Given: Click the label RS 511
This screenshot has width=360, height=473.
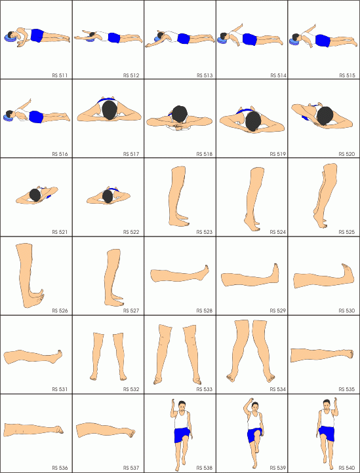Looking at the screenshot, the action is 60,75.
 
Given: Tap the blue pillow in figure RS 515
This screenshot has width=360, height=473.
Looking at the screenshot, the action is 294,41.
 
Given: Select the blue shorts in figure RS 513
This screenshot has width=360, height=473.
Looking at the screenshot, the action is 184,39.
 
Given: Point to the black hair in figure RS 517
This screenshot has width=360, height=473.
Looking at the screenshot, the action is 110,109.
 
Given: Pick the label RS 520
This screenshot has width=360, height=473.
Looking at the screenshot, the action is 346,154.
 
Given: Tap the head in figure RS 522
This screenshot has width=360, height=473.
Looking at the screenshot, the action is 108,197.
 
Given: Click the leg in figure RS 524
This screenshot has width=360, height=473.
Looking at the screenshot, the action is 254,199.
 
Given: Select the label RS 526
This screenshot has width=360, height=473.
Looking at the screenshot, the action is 60,311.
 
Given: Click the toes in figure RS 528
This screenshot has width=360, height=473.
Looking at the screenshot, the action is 207,268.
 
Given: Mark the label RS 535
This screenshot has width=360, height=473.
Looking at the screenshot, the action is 346,389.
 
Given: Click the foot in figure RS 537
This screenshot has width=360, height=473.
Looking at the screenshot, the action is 129,433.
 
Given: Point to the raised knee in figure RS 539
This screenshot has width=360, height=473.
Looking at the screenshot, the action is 256,434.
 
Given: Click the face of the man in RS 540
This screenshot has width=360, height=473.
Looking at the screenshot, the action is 326,405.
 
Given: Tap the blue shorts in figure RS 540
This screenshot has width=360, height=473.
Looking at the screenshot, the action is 327,433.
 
